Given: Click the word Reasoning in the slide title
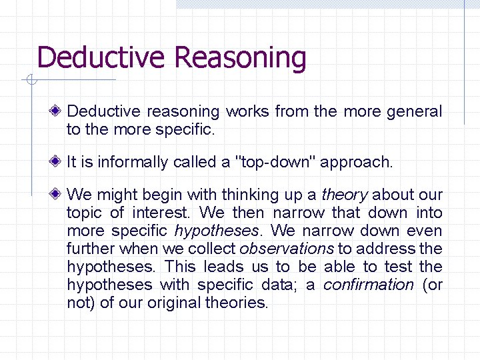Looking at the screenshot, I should tap(241, 58).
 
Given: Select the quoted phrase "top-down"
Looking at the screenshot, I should tap(270, 162).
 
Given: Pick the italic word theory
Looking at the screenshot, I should tap(344, 195).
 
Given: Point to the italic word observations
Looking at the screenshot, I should tap(287, 249).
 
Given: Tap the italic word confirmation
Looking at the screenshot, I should tap(368, 285).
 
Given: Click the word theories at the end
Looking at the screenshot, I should tap(237, 303).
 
